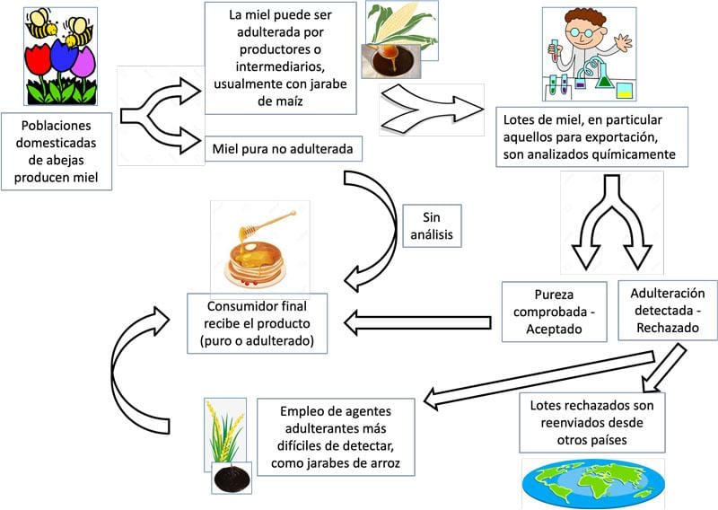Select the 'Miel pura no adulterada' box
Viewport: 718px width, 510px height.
[283, 148]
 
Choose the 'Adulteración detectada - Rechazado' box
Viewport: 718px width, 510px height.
[667, 310]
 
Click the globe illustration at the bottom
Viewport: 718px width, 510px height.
[592, 485]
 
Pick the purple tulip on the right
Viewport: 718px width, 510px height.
[83, 63]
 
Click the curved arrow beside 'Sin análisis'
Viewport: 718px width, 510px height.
[377, 224]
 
